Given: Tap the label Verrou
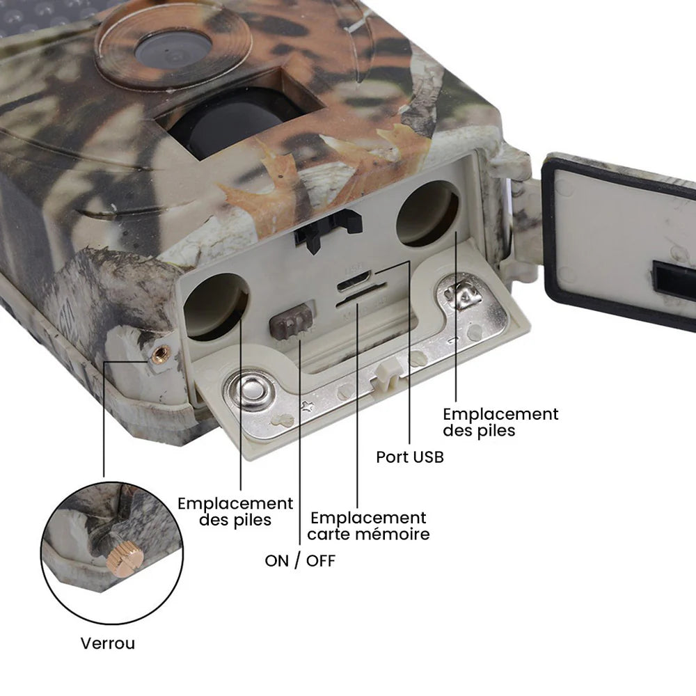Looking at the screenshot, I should pos(108,642).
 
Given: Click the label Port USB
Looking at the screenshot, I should pos(410,457).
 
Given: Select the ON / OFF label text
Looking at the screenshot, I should pos(300,560).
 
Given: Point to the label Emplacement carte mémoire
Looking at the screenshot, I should pos(368,526).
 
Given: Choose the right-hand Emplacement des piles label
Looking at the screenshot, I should pos(500,422).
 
